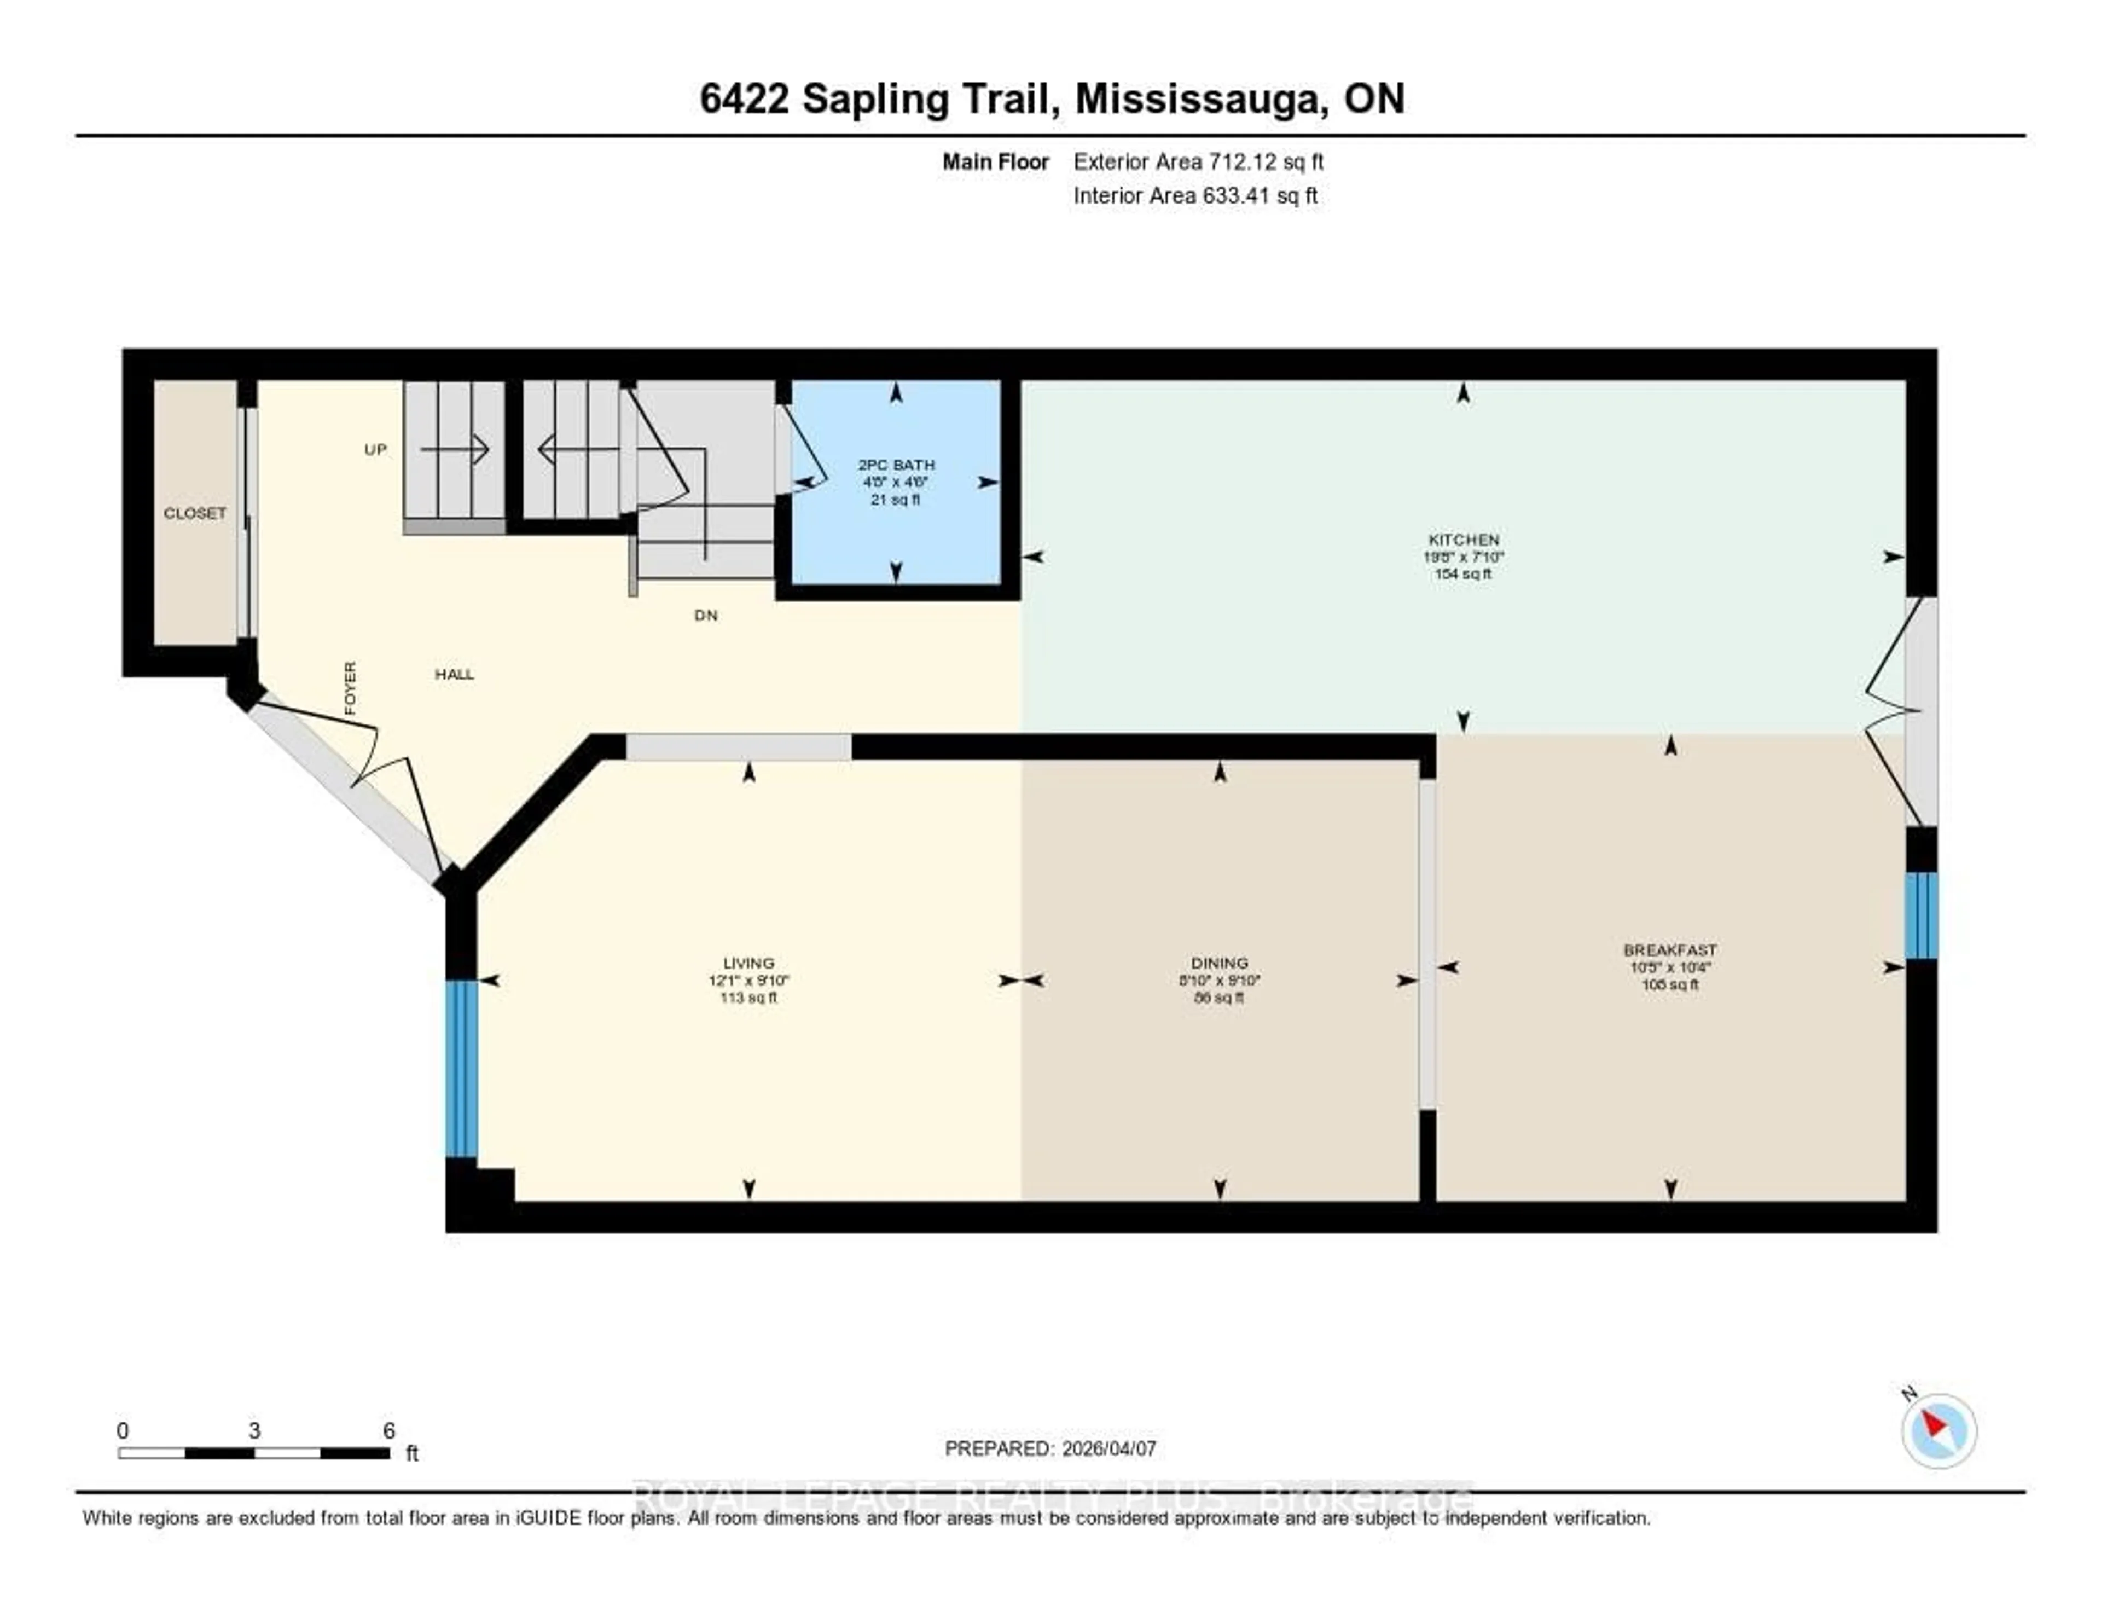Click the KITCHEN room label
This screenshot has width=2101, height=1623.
(x=1463, y=540)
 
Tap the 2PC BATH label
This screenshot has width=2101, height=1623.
(x=896, y=465)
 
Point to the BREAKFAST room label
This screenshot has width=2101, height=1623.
(x=1670, y=949)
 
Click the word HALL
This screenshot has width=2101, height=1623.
(x=454, y=674)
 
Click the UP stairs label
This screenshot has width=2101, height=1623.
(x=375, y=449)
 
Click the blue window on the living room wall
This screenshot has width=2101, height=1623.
(x=461, y=1068)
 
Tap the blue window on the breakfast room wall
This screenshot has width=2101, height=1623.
(x=1921, y=915)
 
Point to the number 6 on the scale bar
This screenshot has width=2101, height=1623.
(x=388, y=1430)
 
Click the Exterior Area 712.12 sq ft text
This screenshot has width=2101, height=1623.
(x=1198, y=161)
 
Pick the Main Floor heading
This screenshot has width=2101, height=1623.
(x=995, y=161)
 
